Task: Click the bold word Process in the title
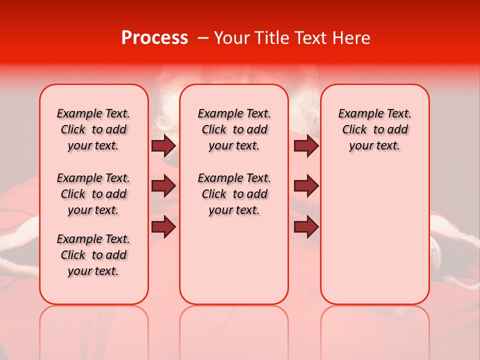[154, 38]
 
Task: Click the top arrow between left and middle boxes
[163, 146]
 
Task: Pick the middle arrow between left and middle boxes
[163, 186]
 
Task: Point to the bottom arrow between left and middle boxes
[163, 227]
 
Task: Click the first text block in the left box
[93, 129]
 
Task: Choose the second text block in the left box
[93, 194]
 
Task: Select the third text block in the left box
[93, 255]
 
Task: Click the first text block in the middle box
[234, 129]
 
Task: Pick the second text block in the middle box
[234, 194]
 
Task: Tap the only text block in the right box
[375, 129]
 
